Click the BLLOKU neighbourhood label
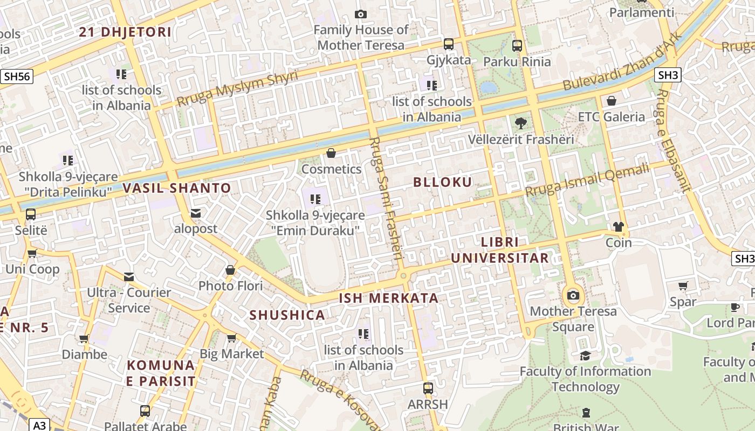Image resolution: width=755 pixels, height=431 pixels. (442, 182)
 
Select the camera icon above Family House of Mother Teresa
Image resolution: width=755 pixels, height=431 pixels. (361, 14)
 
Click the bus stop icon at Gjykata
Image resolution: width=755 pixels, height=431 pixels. (449, 44)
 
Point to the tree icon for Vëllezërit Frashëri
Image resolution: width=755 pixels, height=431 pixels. (520, 123)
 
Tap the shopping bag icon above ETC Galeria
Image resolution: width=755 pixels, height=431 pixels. (611, 101)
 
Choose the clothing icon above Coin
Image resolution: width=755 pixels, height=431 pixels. (618, 227)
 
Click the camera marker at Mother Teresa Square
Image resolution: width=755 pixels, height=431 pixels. (573, 295)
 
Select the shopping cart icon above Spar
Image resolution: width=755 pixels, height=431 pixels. (683, 286)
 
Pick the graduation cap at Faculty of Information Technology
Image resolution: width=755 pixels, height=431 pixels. (585, 356)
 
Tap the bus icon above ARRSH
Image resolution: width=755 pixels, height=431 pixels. (428, 388)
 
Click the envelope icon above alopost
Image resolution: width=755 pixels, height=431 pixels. (196, 213)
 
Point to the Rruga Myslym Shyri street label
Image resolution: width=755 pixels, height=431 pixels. (237, 88)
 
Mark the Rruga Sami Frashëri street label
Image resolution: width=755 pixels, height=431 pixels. (386, 199)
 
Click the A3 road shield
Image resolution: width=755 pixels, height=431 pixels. (40, 426)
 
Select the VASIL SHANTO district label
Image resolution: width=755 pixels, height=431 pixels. (177, 189)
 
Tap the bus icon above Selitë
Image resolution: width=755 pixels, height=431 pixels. (31, 214)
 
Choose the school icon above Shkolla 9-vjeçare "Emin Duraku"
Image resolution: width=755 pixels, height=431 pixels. (315, 199)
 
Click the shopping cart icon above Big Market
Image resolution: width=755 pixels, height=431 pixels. (231, 338)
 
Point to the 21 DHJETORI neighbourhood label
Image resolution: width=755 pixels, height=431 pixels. (125, 32)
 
